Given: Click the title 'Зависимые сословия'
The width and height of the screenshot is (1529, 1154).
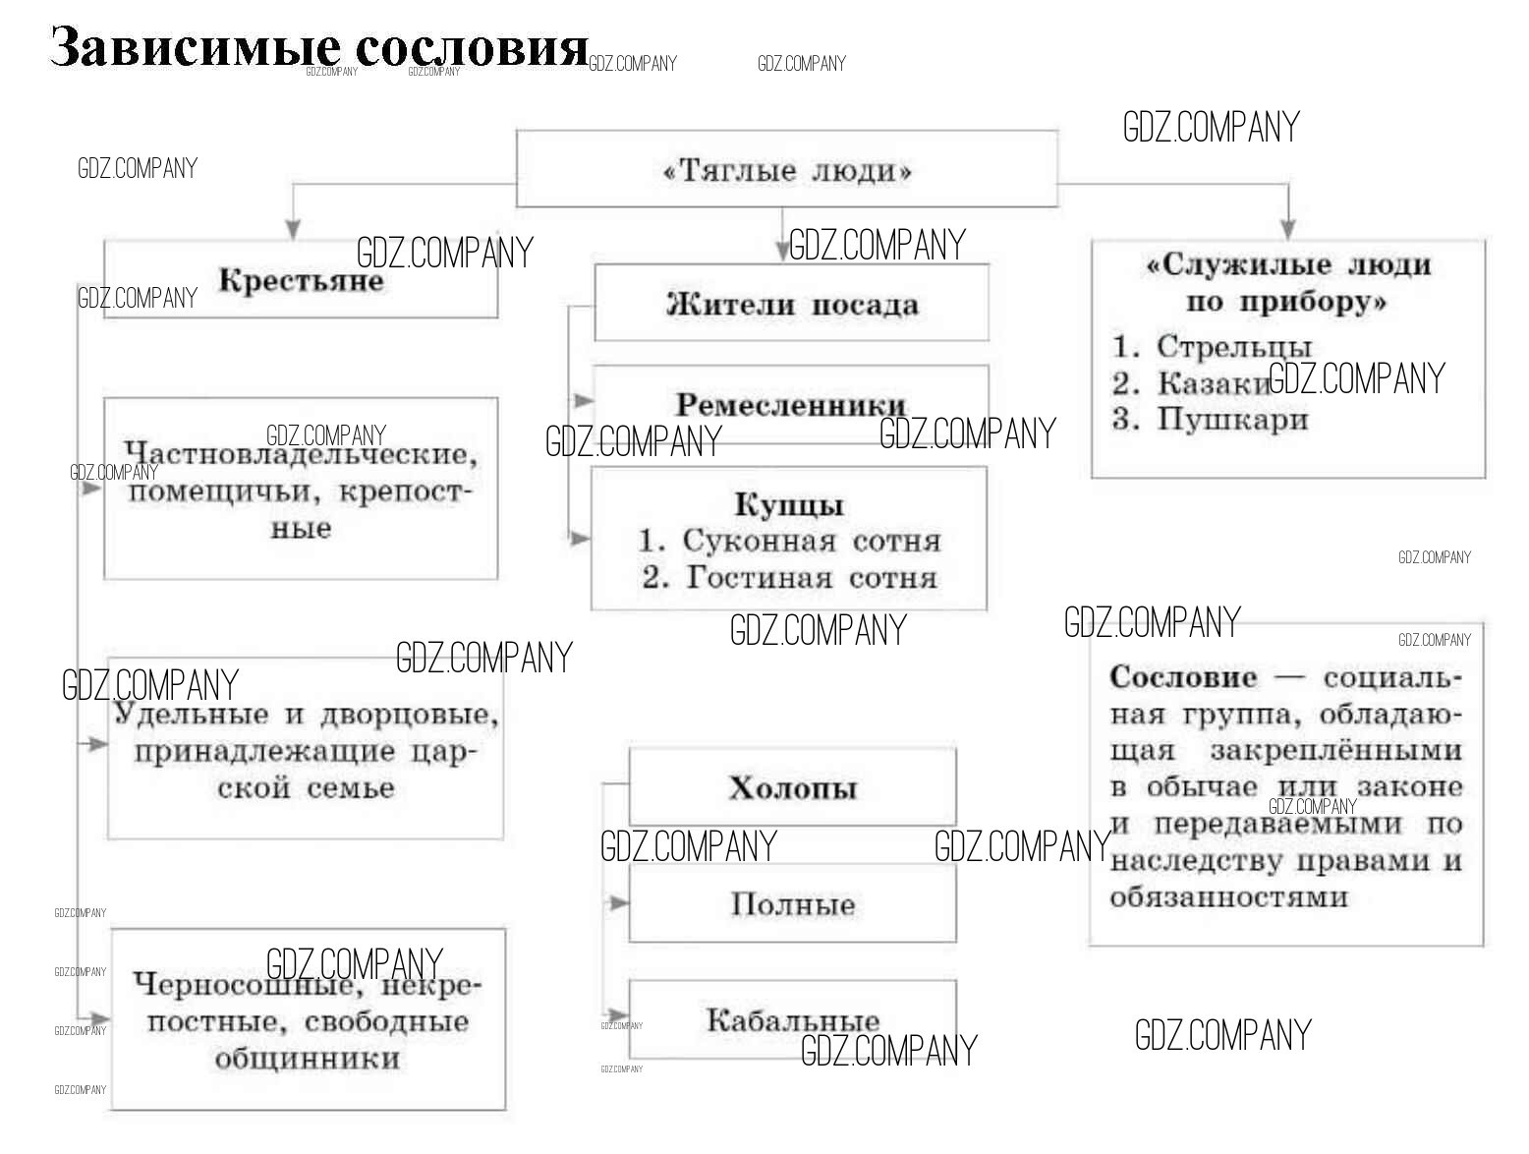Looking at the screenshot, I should coord(318,47).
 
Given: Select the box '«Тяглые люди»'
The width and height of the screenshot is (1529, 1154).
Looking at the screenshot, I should coord(787,170).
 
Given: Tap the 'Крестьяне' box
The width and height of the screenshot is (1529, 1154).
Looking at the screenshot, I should coord(301,281).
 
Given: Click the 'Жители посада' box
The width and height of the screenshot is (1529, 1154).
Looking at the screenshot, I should coord(791,304).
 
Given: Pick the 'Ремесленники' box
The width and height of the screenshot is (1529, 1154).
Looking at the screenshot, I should coord(791,404).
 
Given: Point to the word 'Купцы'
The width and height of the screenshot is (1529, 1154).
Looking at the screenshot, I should coord(789,505).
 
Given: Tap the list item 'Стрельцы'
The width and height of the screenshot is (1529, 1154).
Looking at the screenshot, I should coord(1233,346).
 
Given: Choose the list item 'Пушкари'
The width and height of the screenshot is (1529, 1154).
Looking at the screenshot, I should coord(1232,420).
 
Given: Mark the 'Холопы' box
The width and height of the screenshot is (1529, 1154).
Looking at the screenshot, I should coord(792,787).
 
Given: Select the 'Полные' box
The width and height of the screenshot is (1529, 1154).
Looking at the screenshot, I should coord(792,904).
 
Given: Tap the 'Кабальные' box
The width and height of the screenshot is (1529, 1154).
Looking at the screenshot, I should coord(792,1019).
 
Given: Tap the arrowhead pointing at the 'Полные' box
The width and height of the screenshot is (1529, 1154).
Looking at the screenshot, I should coord(618,902).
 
